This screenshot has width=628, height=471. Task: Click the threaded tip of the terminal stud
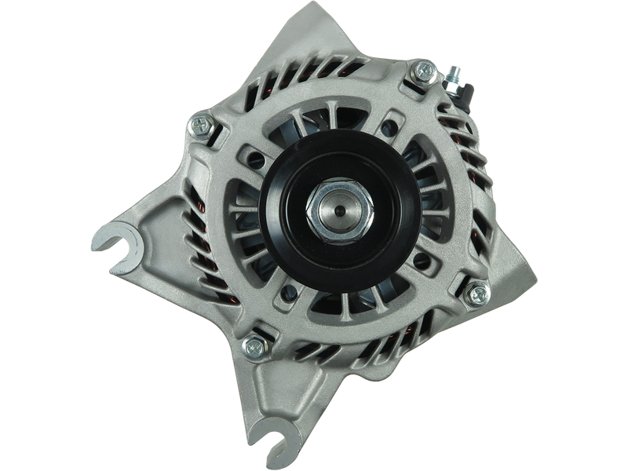[455, 69]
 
